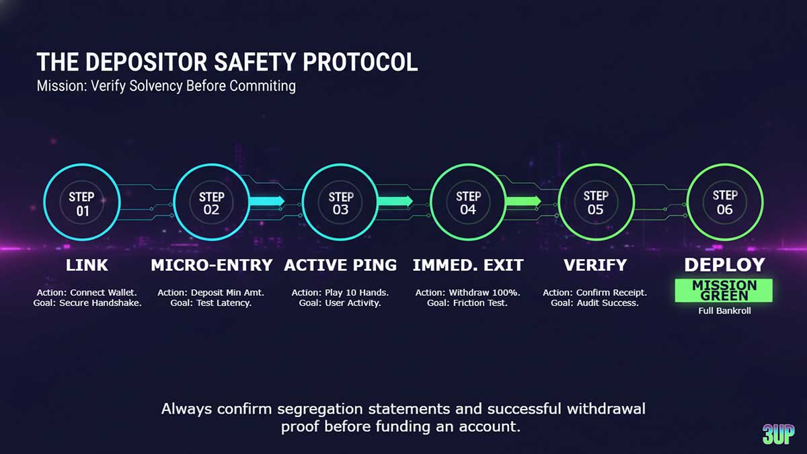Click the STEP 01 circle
82,202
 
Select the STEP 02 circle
211,202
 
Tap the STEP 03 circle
340,202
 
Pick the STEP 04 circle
468,202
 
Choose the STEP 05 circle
596,202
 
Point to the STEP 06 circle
725,202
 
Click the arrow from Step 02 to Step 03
267,200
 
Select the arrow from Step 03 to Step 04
395,200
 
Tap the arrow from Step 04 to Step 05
523,200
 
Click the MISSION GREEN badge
724,291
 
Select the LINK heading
87,265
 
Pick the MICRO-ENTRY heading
211,265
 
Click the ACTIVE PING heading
340,265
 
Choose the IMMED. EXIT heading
468,265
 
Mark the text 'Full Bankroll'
724,311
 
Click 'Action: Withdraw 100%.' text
468,293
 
